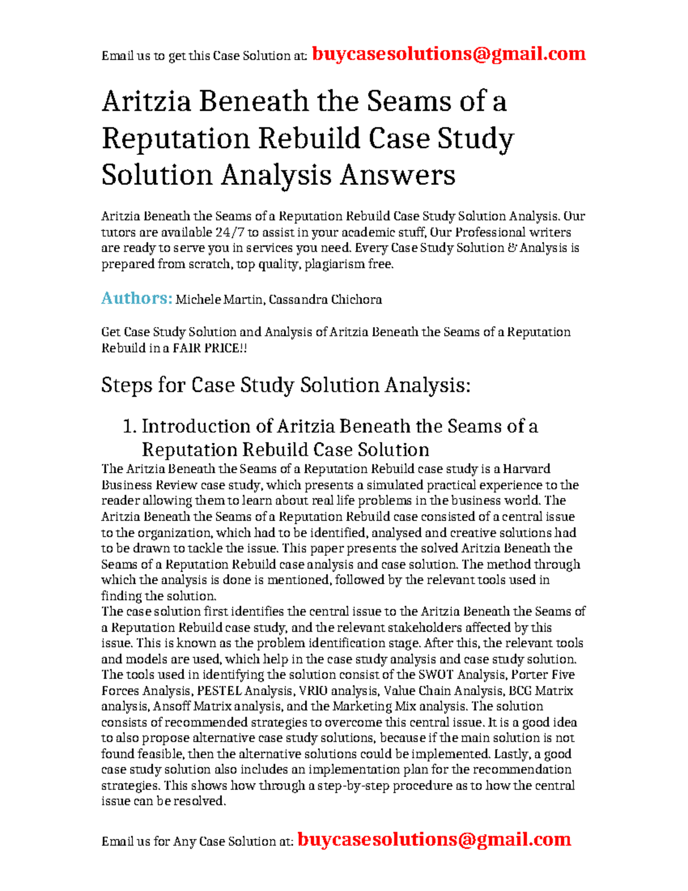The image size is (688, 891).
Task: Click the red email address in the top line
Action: (x=448, y=54)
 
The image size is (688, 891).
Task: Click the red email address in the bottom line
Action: (x=434, y=839)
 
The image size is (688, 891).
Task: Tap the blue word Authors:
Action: (x=136, y=298)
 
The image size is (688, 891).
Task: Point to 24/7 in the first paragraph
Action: (x=229, y=232)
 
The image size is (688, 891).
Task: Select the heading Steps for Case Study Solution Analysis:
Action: (x=286, y=385)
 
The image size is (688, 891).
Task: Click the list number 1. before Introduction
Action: (x=130, y=426)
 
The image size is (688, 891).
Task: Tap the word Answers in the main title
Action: (x=398, y=175)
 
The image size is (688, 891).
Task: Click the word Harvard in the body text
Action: (x=526, y=469)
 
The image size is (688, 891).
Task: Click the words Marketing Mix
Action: (x=366, y=706)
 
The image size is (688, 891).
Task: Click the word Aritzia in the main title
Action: (x=146, y=102)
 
